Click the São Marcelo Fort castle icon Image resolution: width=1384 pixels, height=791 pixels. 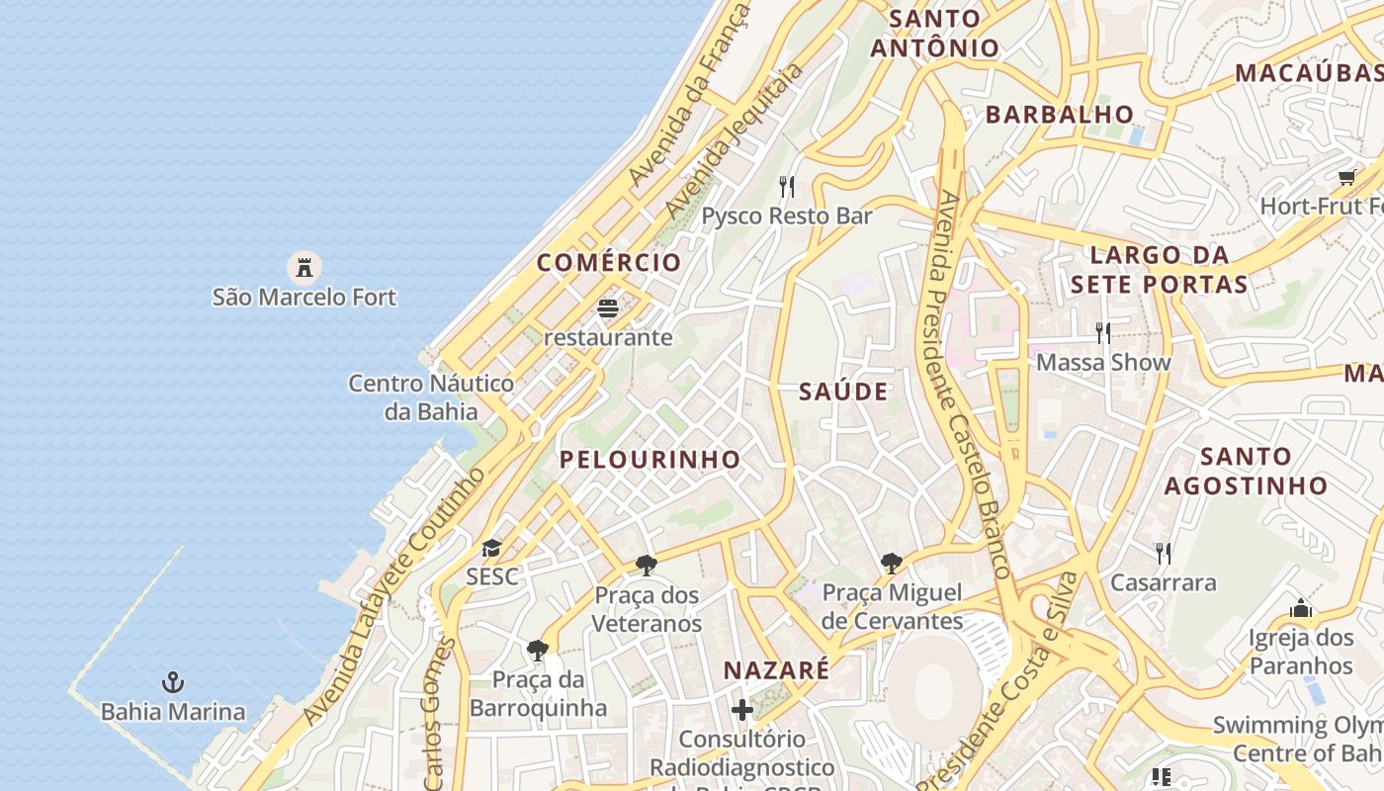click(304, 267)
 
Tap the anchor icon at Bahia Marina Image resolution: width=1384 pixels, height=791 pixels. click(173, 682)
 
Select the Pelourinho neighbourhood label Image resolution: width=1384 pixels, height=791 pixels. click(649, 459)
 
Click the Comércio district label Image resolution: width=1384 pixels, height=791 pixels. click(609, 262)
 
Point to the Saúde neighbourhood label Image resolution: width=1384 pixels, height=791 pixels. click(843, 392)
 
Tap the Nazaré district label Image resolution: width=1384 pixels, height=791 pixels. click(776, 670)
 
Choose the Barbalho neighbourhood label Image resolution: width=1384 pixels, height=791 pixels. click(1059, 114)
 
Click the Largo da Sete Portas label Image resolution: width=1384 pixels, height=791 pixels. click(1159, 270)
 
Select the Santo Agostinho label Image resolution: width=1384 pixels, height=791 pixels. click(1246, 471)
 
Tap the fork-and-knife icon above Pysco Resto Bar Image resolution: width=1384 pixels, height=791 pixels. click(787, 186)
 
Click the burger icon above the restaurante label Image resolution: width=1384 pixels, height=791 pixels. click(608, 308)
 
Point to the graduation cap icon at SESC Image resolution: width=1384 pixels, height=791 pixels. click(491, 548)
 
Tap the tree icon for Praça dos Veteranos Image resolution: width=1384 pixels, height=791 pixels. click(647, 566)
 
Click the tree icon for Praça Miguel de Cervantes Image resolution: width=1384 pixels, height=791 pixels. click(891, 564)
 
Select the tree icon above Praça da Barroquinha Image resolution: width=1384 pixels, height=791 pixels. click(538, 650)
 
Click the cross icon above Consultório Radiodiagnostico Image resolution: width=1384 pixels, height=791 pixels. click(741, 710)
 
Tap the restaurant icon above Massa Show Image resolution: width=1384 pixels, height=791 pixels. click(1103, 332)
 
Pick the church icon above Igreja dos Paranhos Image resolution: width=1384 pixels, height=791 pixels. click(1300, 608)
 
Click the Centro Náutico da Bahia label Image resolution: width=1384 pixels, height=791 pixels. click(431, 397)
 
